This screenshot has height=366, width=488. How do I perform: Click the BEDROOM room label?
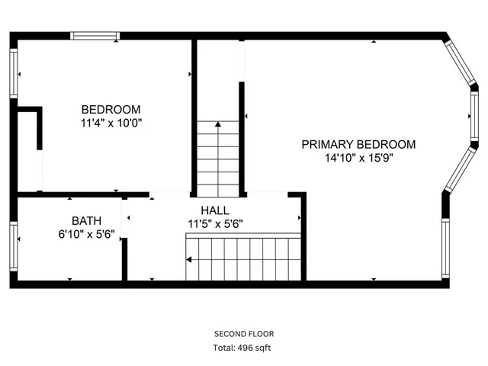pos(111,109)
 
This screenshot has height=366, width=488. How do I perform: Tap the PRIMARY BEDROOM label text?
pos(358,144)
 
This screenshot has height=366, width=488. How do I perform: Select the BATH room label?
pos(86,221)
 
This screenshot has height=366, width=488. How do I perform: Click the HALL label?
pos(214,210)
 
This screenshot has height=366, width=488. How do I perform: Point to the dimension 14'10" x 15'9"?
pos(358,159)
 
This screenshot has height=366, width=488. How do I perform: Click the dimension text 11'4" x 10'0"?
pos(111,122)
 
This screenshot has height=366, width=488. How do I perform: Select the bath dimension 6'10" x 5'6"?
pos(86,235)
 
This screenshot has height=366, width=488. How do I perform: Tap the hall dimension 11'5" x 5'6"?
pos(215,224)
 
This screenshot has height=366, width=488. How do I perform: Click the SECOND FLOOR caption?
pos(244,334)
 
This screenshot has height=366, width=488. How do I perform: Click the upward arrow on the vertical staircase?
pos(219,124)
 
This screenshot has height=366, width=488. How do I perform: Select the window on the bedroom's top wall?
pos(95,35)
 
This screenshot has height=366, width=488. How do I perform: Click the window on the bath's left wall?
pos(13,242)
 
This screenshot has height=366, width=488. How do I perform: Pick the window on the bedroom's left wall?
pos(13,73)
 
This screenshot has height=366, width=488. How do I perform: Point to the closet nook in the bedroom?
pos(29,152)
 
